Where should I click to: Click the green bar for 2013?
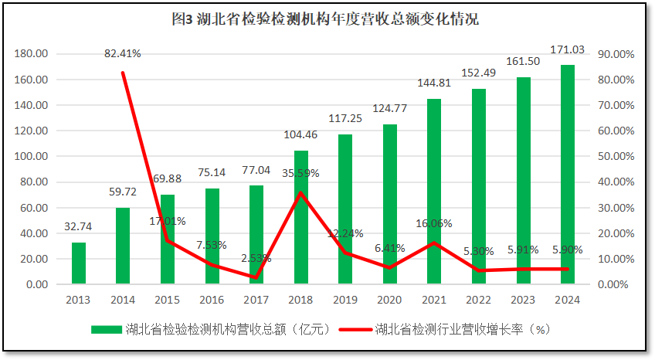click(x=79, y=263)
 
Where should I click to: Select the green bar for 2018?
click(x=301, y=217)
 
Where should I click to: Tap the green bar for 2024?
click(x=568, y=175)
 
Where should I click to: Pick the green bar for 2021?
click(x=434, y=192)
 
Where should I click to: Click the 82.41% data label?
click(x=123, y=53)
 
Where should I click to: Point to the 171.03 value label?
click(x=567, y=49)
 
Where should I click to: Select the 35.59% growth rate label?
click(x=301, y=173)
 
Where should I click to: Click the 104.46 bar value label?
click(x=301, y=134)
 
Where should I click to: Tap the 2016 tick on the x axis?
click(x=212, y=300)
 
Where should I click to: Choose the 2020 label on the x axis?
click(x=389, y=300)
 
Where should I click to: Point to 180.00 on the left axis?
click(x=32, y=54)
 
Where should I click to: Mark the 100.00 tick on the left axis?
click(x=32, y=156)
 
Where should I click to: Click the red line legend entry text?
click(x=462, y=329)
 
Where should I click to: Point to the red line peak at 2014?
click(x=123, y=73)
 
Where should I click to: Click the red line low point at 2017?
click(x=256, y=277)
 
